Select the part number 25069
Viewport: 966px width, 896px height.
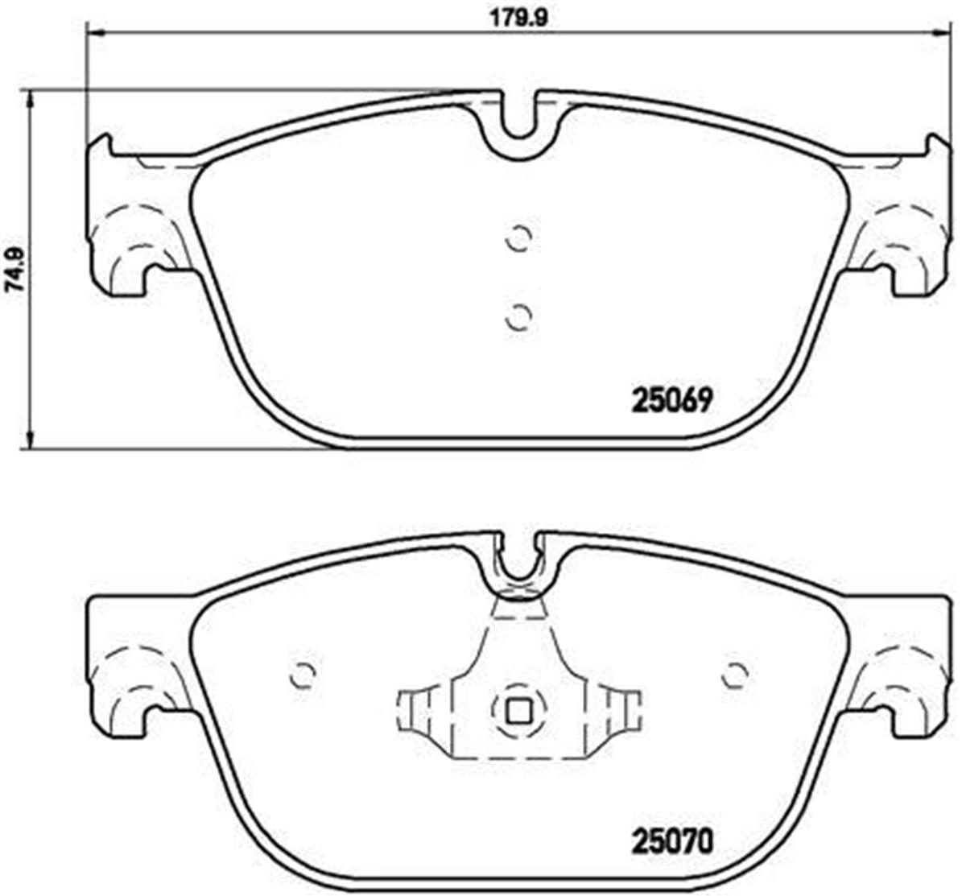[x=671, y=400]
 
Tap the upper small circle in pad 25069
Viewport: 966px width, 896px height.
[x=519, y=237]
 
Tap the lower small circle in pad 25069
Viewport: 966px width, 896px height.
[x=519, y=316]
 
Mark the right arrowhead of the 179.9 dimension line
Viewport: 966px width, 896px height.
[x=941, y=33]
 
